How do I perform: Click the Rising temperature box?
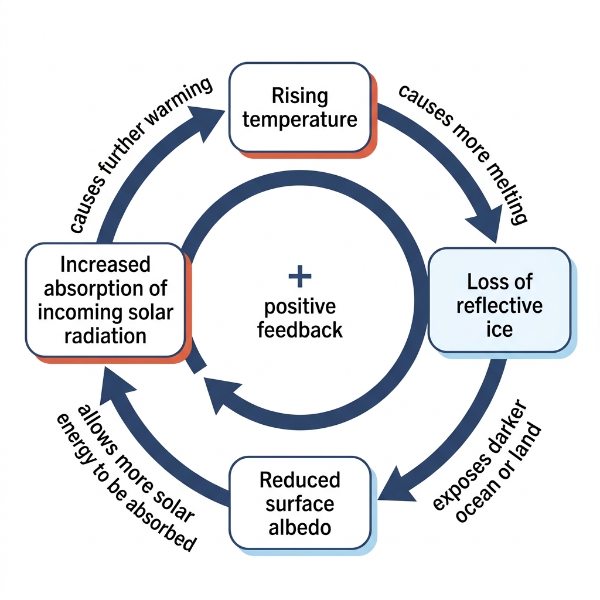(301, 108)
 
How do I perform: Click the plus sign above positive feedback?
(300, 276)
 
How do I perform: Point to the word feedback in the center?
(300, 330)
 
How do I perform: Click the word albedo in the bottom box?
(300, 528)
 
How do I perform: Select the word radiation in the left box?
(105, 336)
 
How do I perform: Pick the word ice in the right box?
(499, 329)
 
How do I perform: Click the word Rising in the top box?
(300, 96)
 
